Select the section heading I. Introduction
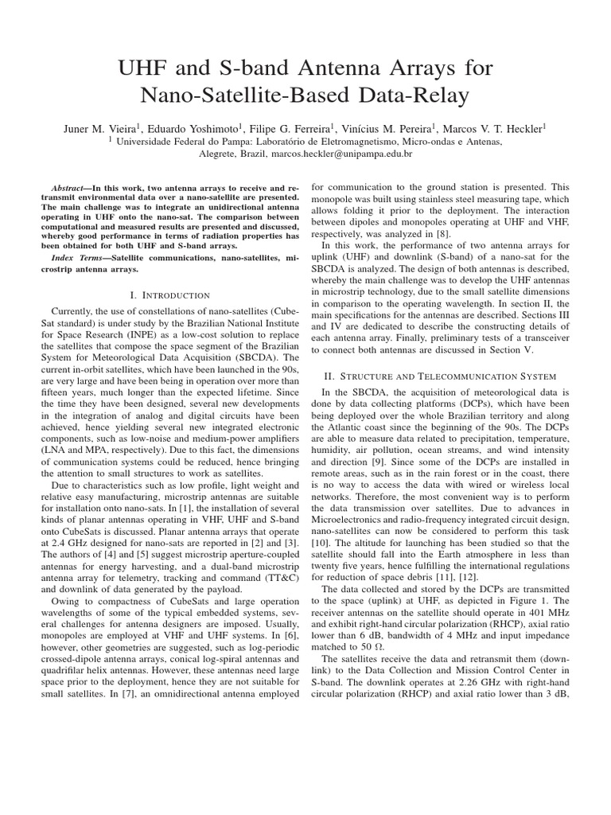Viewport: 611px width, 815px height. [164, 295]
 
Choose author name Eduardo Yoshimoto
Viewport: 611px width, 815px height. [191, 127]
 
